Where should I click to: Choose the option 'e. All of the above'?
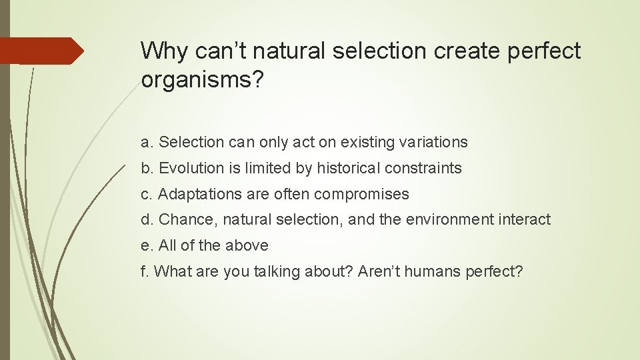click(205, 245)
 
